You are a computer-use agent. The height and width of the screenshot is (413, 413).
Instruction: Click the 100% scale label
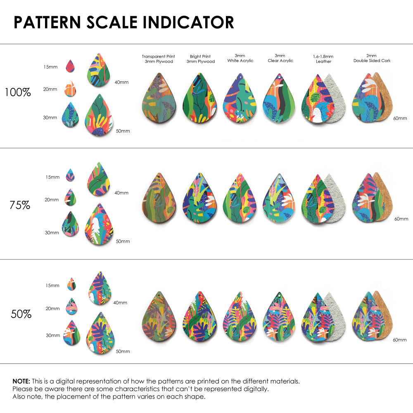(18, 92)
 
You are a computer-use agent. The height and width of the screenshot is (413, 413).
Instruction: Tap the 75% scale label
(20, 205)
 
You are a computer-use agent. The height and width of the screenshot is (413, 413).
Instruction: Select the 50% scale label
(21, 314)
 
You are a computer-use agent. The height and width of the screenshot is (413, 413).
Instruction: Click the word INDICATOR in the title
(189, 23)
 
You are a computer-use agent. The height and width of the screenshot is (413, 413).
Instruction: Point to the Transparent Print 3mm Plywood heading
(158, 59)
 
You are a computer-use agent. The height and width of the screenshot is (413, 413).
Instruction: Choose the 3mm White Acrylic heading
(240, 58)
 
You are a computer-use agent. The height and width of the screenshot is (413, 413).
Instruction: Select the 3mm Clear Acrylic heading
(280, 58)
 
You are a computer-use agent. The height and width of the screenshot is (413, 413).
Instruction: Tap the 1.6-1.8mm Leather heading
(323, 59)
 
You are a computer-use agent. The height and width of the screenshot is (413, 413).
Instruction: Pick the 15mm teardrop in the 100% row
(71, 66)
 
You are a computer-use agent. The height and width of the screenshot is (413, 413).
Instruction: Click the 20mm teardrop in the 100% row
(71, 89)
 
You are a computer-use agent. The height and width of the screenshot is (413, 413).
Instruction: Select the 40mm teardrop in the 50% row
(100, 288)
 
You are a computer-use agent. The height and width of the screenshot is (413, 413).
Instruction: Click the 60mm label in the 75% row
(401, 218)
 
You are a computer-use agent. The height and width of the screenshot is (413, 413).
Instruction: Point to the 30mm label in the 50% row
(52, 336)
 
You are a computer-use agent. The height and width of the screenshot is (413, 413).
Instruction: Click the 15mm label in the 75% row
(52, 177)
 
